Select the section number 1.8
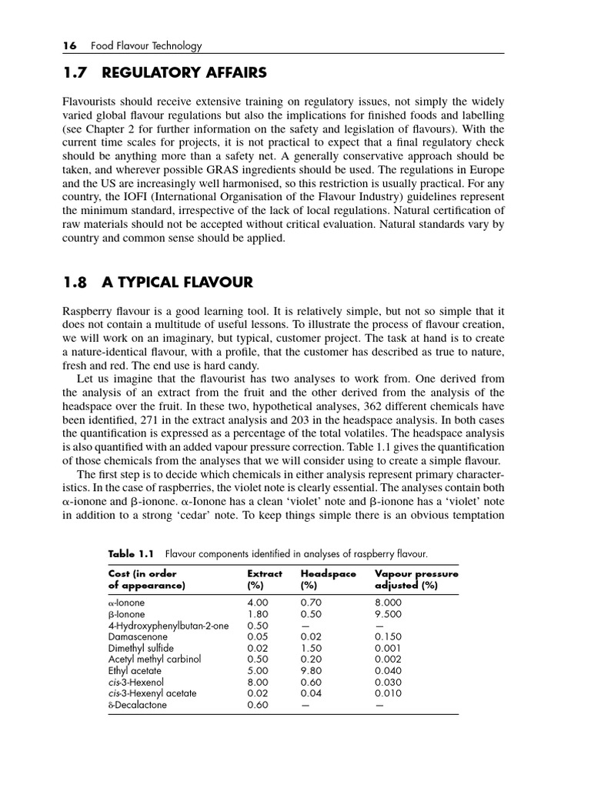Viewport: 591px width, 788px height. tap(75, 282)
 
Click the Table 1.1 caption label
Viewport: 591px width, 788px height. tap(132, 554)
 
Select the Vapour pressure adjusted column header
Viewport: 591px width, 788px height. tap(416, 579)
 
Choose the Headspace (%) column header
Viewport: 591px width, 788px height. tap(328, 579)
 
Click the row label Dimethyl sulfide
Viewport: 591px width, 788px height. tap(141, 649)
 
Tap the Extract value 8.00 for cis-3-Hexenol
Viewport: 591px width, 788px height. tap(259, 682)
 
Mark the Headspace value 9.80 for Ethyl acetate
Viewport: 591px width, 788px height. tap(312, 671)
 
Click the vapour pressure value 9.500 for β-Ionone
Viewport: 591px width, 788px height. tap(389, 615)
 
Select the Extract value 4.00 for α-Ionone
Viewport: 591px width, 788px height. tap(259, 603)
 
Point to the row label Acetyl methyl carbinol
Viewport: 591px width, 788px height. tap(154, 659)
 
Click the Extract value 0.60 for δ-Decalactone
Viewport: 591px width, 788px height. tap(259, 705)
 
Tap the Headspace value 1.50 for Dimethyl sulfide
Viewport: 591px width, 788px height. tap(312, 649)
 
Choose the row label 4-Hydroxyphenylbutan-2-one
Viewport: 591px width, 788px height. tap(168, 626)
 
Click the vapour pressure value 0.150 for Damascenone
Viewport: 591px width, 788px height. tap(389, 637)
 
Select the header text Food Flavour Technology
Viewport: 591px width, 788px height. tap(146, 46)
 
